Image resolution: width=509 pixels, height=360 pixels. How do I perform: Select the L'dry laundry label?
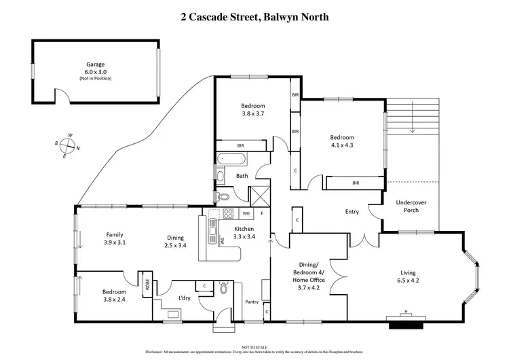coord(184,299)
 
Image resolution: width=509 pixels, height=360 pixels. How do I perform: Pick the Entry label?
coord(352,212)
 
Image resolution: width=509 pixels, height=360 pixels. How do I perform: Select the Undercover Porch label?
coord(407,206)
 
